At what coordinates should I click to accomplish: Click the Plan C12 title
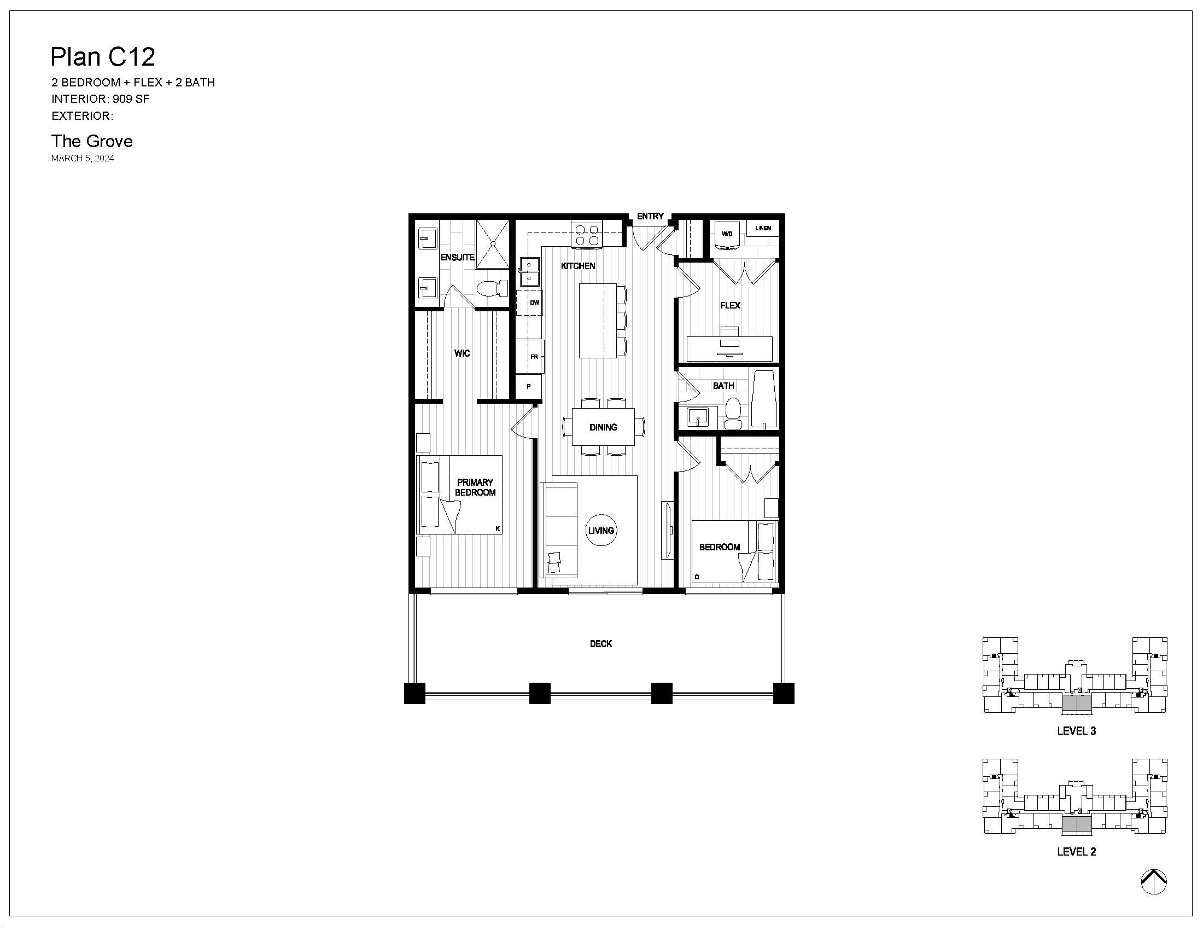click(x=102, y=56)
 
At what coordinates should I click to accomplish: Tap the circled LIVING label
click(x=600, y=530)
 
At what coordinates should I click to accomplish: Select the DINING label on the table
click(x=603, y=427)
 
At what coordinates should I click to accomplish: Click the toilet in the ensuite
click(x=492, y=288)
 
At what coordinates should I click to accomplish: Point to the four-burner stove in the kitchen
click(x=587, y=234)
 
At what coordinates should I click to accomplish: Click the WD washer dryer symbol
click(x=727, y=235)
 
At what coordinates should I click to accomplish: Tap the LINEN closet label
click(x=763, y=228)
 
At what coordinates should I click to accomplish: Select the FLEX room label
click(x=730, y=305)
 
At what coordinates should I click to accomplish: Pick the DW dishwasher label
click(x=534, y=303)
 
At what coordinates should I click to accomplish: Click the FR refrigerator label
click(x=534, y=357)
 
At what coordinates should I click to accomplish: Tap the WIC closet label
click(x=462, y=353)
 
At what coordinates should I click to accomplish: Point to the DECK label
click(x=601, y=643)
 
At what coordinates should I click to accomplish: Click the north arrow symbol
click(x=1154, y=881)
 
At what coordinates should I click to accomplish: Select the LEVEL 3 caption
click(x=1076, y=730)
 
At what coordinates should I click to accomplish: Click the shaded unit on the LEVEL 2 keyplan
click(x=1076, y=824)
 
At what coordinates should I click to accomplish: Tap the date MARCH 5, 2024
click(x=83, y=158)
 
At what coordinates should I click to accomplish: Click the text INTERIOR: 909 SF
click(x=100, y=99)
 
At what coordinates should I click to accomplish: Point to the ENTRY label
click(x=650, y=217)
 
